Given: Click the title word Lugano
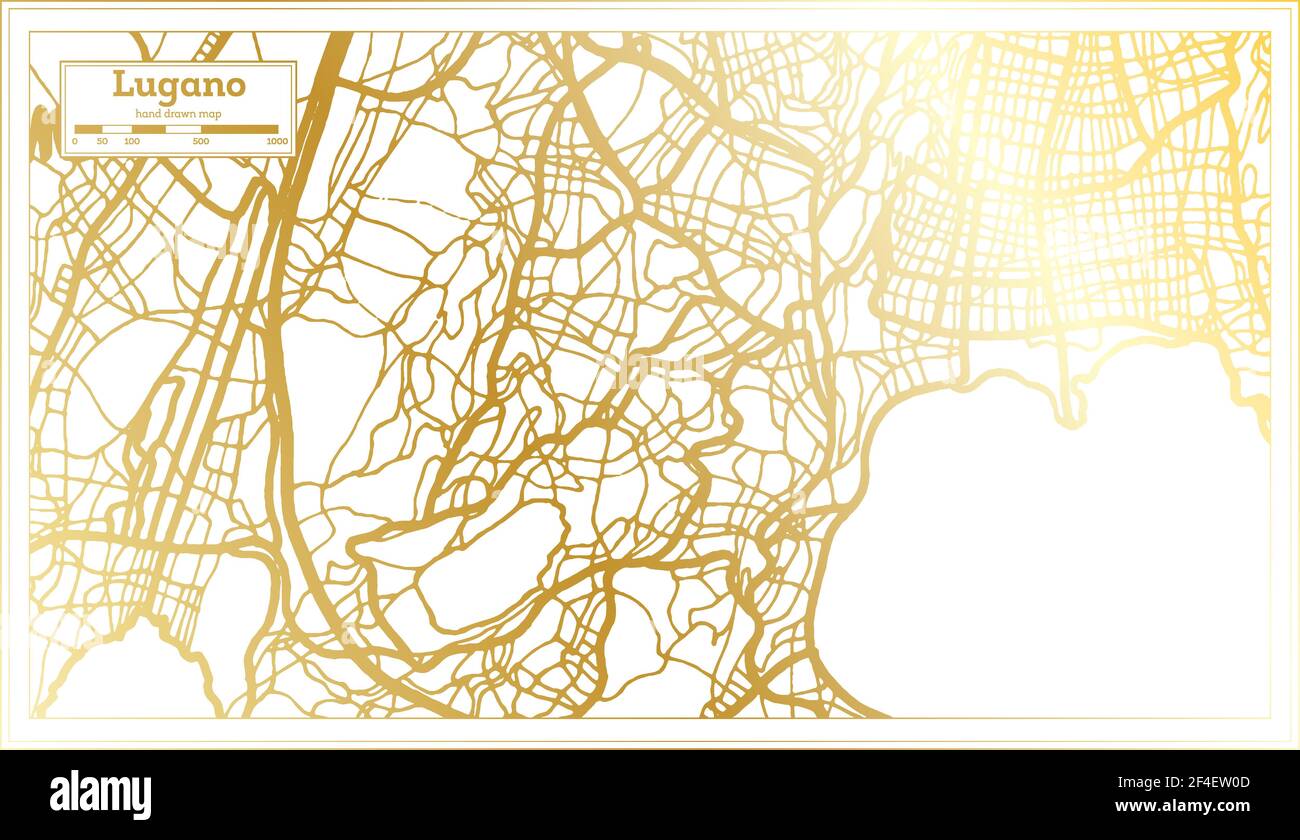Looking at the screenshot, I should coord(178,85).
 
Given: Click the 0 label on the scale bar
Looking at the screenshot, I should coord(75,142).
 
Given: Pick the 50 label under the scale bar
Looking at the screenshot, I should coord(102,142).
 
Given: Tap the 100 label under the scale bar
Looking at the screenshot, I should coord(132,142).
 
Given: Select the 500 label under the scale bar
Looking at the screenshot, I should coord(201,142).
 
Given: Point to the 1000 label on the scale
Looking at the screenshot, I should coord(277,142).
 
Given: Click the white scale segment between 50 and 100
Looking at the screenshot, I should coord(117,129).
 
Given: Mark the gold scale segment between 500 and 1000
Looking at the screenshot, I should coord(239,129).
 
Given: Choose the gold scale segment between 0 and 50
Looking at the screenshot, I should coord(88,129).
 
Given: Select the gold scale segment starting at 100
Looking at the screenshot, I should coord(149,129).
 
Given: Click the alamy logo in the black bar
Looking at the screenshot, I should coord(100,795).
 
